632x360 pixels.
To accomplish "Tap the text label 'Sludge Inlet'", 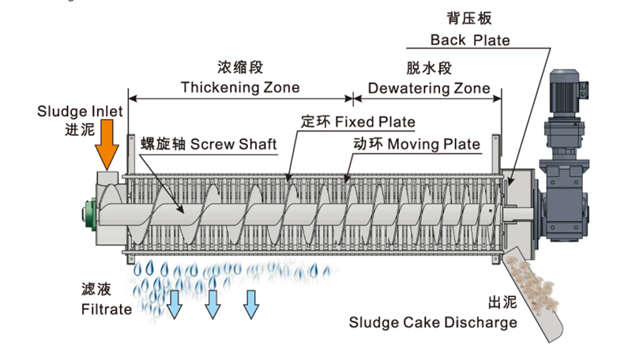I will (x=80, y=111).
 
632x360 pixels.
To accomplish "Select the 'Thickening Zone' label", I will (x=240, y=87).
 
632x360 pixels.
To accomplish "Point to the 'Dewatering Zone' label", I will (x=429, y=88).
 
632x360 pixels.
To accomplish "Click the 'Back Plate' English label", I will (x=470, y=39).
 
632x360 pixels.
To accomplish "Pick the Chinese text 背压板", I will (x=469, y=17).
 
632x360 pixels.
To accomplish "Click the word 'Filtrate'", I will (x=107, y=309).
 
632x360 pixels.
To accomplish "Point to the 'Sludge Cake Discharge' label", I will (x=434, y=322).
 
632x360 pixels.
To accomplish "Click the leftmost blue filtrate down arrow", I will (x=174, y=304).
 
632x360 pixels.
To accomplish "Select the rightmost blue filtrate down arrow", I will (x=251, y=303).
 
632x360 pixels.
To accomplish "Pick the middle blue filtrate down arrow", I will (x=213, y=304).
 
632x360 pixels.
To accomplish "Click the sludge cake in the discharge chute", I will (x=537, y=288).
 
